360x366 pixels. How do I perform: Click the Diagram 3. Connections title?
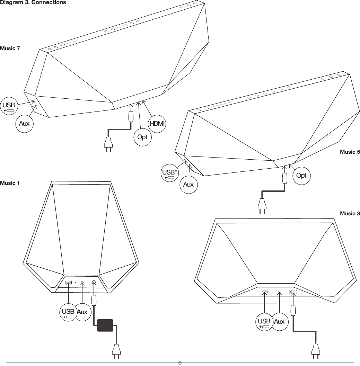pyautogui.click(x=33, y=3)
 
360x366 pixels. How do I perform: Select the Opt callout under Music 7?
pyautogui.click(x=142, y=137)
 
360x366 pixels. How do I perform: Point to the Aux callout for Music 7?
pyautogui.click(x=24, y=123)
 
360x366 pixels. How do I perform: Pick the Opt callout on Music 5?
pyautogui.click(x=301, y=176)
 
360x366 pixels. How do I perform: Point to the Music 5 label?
pyautogui.click(x=350, y=152)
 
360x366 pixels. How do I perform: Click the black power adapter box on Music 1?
pyautogui.click(x=105, y=325)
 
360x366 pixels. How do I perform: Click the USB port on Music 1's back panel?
pyautogui.click(x=69, y=283)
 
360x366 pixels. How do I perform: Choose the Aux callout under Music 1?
pyautogui.click(x=82, y=313)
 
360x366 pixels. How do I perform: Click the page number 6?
pyautogui.click(x=180, y=363)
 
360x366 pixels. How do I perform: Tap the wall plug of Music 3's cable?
pyautogui.click(x=315, y=351)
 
